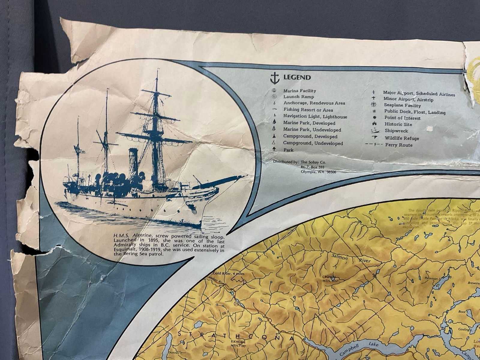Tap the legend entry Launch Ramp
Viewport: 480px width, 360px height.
(x=298, y=97)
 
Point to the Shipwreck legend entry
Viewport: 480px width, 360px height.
(x=396, y=131)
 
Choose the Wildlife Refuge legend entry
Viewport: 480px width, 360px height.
(x=402, y=138)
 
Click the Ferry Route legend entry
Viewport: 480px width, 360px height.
(x=399, y=145)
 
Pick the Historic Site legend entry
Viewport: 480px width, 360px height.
(x=398, y=124)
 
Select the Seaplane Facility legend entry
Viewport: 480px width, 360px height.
(x=402, y=106)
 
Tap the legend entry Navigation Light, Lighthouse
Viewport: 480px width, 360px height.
(x=315, y=117)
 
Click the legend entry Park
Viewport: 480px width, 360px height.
(x=288, y=150)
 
